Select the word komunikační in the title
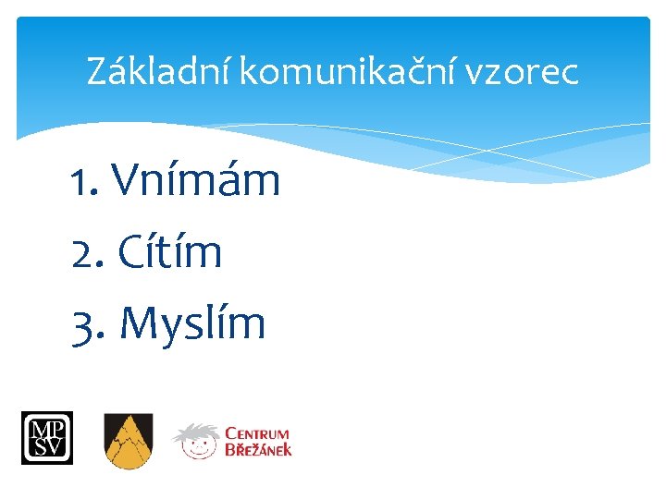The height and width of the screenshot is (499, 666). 349,71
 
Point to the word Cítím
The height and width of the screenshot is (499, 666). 170,251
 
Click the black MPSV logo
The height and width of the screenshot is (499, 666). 47,437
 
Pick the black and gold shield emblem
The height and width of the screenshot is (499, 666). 128,440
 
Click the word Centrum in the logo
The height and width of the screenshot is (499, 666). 258,432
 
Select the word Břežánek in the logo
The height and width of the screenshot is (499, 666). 258,450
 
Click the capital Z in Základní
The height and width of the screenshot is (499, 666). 96,71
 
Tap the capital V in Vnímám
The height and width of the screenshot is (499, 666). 129,180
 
